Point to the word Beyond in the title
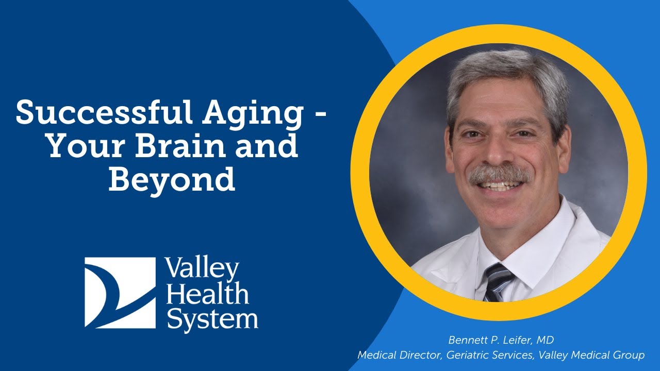(x=171, y=180)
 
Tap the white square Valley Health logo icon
(x=120, y=293)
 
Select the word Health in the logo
(x=207, y=294)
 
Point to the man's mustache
(x=499, y=174)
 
